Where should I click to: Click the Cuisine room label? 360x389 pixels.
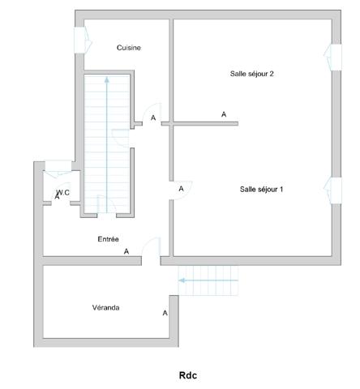pos(129,48)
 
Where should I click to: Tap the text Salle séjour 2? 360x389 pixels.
pos(252,74)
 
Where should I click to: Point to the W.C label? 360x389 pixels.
pos(63,192)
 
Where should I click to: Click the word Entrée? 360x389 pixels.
pos(109,239)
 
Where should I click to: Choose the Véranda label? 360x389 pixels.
pos(106,307)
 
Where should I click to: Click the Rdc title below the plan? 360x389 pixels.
pos(188,375)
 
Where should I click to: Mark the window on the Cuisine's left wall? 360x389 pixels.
pos(81,39)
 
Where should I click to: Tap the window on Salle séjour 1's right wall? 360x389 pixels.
pos(331,188)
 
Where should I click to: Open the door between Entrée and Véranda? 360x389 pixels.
pos(151,248)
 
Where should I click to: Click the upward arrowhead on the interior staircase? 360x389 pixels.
pos(106,80)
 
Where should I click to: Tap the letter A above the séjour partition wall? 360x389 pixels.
pos(224,114)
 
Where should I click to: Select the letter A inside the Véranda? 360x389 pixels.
pos(165,313)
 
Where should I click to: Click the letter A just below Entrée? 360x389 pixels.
pos(126,251)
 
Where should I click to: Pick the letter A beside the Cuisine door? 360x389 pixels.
pos(153,118)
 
